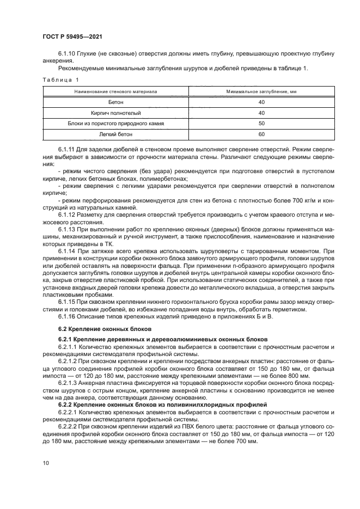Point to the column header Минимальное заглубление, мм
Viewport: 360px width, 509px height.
pos(261,92)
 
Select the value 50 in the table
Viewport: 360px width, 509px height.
pos(261,123)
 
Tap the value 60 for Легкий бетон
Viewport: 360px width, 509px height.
pos(261,134)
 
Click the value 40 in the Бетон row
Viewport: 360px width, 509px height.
pos(261,102)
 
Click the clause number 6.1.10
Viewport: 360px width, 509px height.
pos(67,54)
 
